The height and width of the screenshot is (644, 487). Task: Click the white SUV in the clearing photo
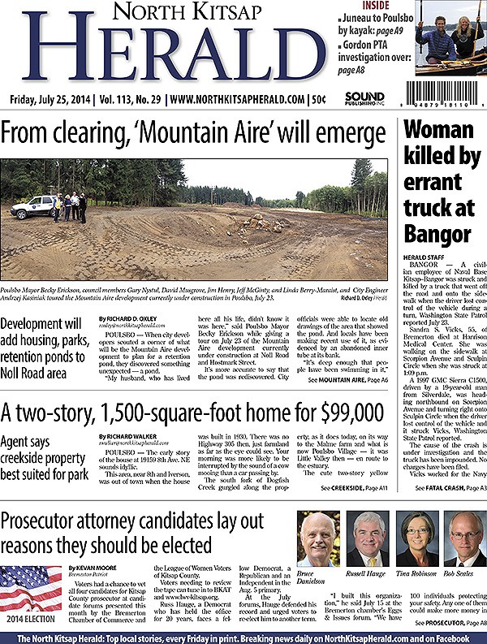coord(32,206)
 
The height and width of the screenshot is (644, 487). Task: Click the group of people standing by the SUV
coord(70,205)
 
